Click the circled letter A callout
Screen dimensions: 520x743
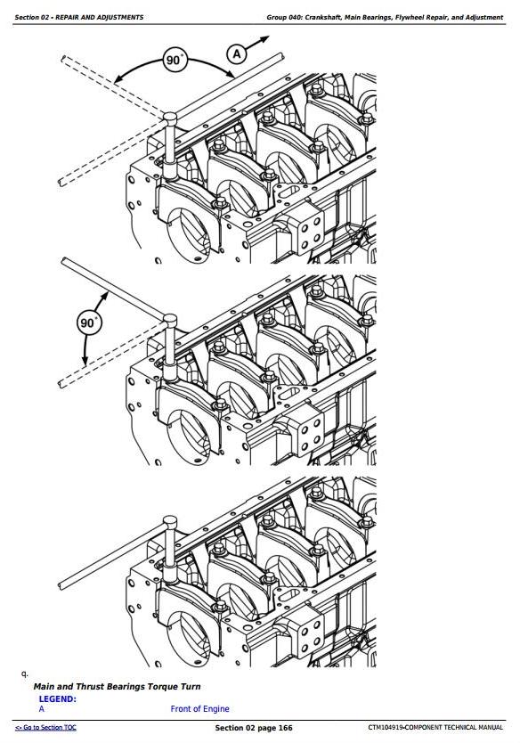237,53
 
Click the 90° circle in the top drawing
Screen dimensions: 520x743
175,60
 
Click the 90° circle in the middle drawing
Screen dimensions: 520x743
88,323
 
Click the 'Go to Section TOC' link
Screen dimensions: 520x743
45,727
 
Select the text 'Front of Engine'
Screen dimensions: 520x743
199,709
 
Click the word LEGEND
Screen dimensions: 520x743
57,699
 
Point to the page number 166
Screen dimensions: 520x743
285,727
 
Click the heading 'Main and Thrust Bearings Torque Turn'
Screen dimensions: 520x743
117,687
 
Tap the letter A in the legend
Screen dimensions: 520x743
42,709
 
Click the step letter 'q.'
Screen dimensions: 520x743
25,674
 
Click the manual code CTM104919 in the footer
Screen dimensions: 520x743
386,727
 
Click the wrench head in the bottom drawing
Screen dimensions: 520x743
170,522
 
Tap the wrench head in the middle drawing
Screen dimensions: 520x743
170,321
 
